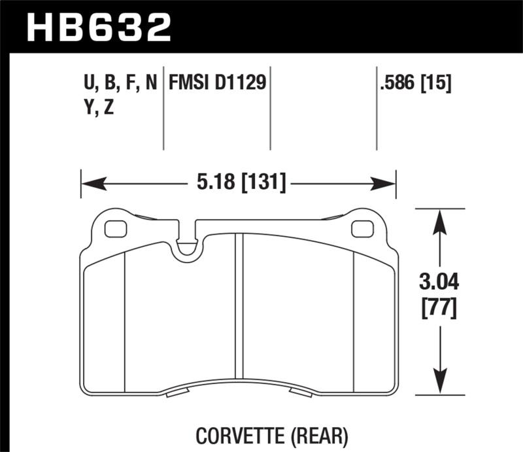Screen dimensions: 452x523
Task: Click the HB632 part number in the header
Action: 99,27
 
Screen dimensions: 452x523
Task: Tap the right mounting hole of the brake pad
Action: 361,229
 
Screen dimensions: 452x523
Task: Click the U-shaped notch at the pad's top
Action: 189,245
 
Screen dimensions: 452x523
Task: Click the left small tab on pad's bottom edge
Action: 177,393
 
